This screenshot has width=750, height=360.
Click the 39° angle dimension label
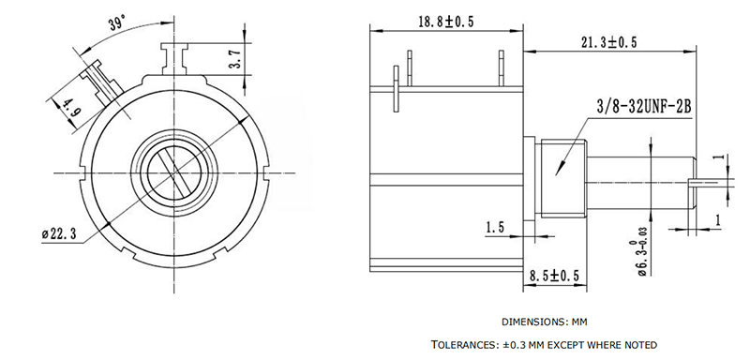[117, 22]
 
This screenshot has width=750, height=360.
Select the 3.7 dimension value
[237, 60]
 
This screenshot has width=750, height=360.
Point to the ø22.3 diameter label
[59, 233]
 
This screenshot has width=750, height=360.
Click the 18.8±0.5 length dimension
[446, 22]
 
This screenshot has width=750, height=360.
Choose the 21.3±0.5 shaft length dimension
[608, 42]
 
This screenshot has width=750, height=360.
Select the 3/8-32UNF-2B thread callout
[644, 107]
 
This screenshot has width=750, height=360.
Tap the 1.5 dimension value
[495, 227]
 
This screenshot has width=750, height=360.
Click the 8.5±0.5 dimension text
[554, 276]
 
